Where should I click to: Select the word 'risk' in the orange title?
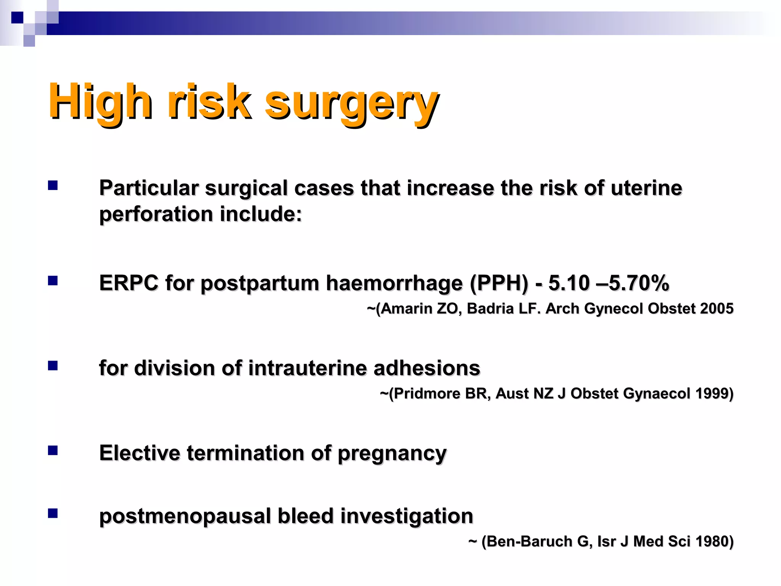point(209,101)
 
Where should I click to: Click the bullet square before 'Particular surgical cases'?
point(53,186)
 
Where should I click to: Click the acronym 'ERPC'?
point(129,283)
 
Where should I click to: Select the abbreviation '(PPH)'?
point(499,283)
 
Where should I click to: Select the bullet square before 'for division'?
point(53,366)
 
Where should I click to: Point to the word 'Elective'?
point(140,453)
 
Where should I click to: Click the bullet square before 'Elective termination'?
point(53,451)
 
